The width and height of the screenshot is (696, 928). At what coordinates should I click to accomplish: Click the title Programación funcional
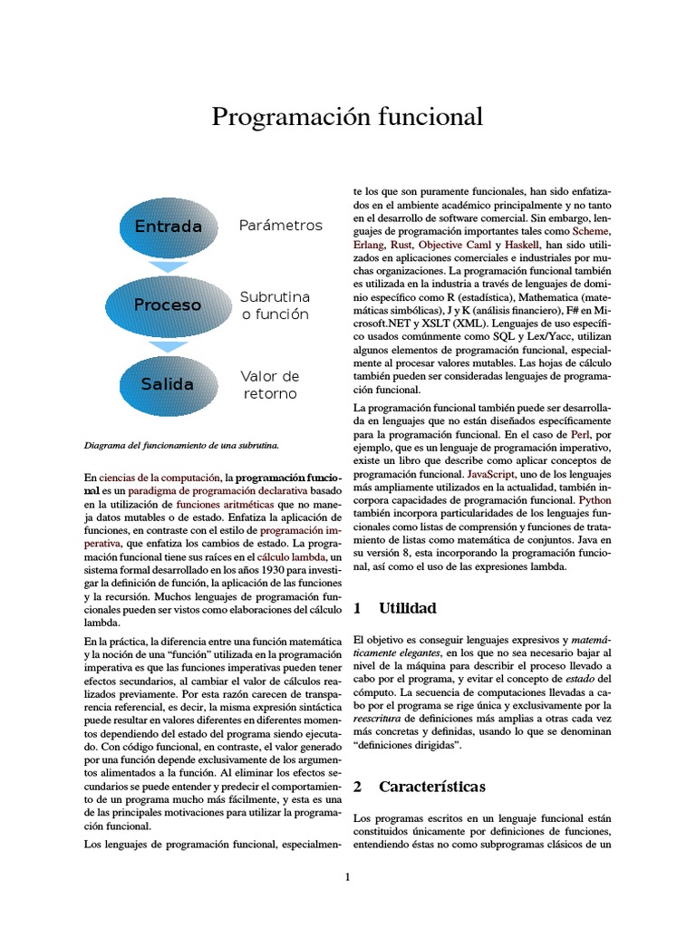[347, 117]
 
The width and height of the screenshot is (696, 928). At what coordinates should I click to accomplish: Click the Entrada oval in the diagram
[169, 226]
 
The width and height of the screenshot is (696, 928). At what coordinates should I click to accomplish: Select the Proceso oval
[169, 305]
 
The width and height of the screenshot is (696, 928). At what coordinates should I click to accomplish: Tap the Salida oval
[169, 384]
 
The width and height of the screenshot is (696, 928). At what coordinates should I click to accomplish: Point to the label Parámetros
[280, 225]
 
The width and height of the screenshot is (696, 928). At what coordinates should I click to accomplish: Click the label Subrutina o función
[275, 305]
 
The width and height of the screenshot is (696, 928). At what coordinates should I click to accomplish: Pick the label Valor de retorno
[269, 384]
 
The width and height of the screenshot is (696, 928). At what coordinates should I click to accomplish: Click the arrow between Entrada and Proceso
[169, 266]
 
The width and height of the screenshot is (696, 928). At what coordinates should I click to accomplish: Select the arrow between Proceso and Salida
[169, 346]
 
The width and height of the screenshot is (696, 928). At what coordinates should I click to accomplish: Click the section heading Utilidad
[407, 608]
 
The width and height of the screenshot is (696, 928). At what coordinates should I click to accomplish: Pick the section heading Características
[431, 786]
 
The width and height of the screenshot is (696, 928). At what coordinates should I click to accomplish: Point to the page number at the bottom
[347, 877]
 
